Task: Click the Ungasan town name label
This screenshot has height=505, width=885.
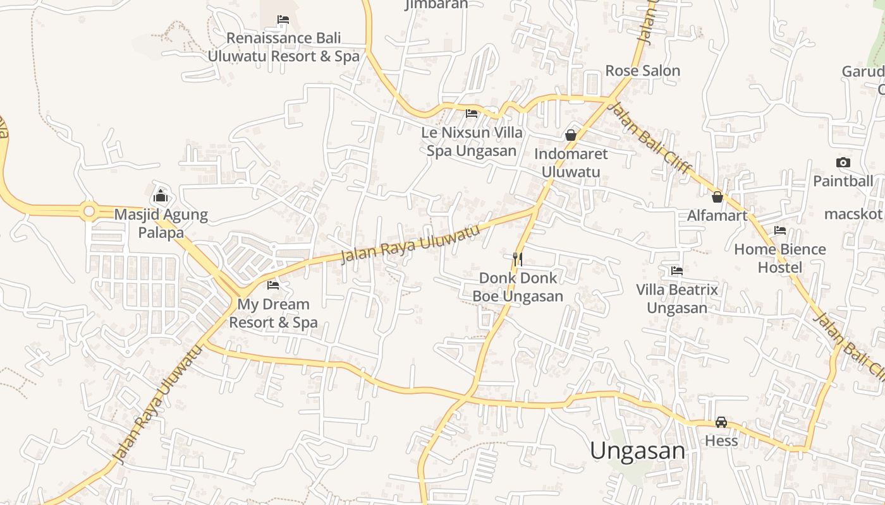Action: click(637, 451)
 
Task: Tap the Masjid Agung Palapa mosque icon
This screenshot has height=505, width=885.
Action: click(161, 196)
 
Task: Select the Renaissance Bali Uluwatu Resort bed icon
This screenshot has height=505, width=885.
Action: click(283, 20)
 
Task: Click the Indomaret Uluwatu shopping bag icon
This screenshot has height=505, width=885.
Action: click(571, 135)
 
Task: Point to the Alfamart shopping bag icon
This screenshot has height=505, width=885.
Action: click(717, 197)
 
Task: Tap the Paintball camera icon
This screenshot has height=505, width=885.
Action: click(843, 163)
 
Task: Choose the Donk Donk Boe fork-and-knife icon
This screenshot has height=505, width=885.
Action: click(518, 259)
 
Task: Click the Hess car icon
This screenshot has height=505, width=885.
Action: click(721, 422)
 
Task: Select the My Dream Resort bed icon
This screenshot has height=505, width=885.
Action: click(273, 285)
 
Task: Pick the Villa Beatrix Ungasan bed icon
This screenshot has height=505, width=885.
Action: click(677, 271)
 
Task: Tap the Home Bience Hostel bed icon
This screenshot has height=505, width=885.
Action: click(780, 231)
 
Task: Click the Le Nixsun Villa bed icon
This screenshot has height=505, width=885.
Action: click(472, 114)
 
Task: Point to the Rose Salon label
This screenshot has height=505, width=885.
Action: click(642, 71)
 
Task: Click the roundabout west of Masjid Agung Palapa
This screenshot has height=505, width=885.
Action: click(89, 211)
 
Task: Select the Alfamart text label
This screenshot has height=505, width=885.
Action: click(717, 216)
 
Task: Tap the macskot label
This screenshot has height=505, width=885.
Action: click(853, 214)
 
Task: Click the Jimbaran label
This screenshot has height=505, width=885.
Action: click(436, 4)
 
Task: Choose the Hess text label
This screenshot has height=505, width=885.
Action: click(721, 441)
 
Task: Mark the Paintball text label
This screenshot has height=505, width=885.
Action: click(843, 181)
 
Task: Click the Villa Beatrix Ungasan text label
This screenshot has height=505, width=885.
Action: click(677, 299)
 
